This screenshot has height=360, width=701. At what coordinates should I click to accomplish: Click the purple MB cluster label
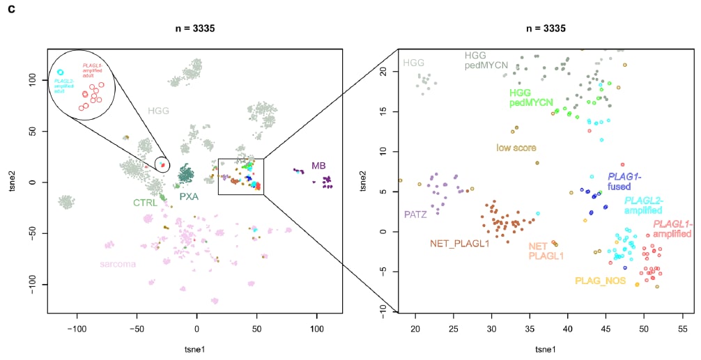coord(318,165)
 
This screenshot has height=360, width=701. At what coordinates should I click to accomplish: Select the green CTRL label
coord(145,203)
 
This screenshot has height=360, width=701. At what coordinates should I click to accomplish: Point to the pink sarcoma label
coord(118,265)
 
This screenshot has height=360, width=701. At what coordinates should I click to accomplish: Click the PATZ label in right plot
coord(415,214)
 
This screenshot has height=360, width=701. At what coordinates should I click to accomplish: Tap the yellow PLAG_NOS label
coord(600,281)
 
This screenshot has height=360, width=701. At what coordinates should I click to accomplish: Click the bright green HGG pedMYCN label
coord(531,97)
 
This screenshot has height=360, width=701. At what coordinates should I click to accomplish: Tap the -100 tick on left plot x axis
coord(77,326)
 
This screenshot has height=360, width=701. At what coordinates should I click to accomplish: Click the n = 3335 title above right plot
coord(546,29)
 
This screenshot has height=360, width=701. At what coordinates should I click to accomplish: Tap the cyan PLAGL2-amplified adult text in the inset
coord(64,84)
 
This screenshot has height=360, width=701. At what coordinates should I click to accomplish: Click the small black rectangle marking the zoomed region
coord(240,176)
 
